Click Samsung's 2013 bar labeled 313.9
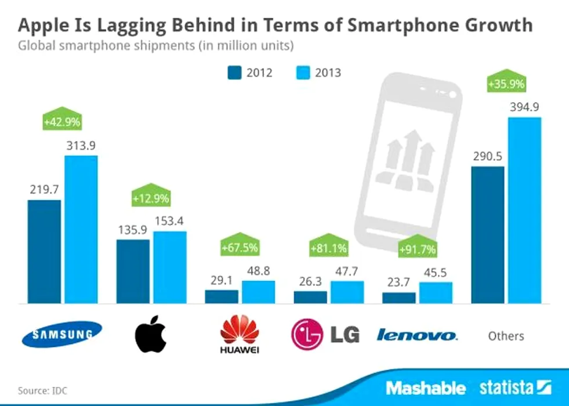pos(81,229)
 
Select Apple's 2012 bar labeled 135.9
pos(133,271)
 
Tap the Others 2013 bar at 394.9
pos(524,210)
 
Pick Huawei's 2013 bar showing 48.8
pos(258,292)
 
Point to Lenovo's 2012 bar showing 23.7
pos(399,298)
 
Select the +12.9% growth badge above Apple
pos(151,197)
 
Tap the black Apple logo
pos(150,335)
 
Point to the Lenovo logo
pos(416,335)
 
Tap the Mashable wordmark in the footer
pos(426,387)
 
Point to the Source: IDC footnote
pos(42,390)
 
